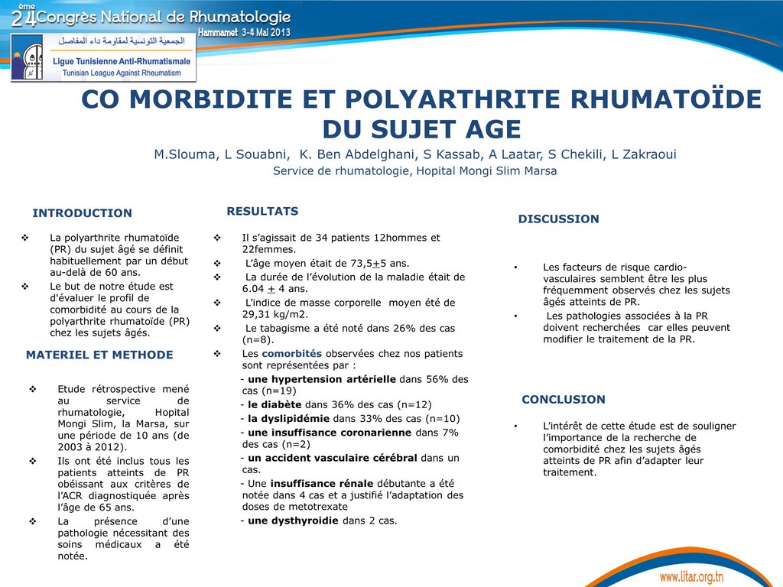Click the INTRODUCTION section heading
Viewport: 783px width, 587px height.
pyautogui.click(x=82, y=213)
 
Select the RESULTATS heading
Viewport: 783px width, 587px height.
pyautogui.click(x=262, y=211)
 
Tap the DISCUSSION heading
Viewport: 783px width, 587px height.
pyautogui.click(x=558, y=219)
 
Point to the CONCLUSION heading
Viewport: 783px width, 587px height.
pyautogui.click(x=563, y=400)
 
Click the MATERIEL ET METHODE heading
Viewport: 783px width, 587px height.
pyautogui.click(x=99, y=355)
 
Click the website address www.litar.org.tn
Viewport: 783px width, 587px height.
pyautogui.click(x=691, y=576)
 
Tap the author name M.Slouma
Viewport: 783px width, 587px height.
pyautogui.click(x=186, y=154)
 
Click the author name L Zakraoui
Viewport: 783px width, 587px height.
pyautogui.click(x=644, y=154)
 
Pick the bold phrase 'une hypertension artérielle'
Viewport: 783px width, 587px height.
pyautogui.click(x=322, y=379)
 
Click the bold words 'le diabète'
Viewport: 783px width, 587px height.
pyautogui.click(x=275, y=404)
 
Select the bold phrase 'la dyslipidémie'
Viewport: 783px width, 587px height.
pyautogui.click(x=288, y=419)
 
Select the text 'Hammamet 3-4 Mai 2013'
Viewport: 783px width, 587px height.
pyautogui.click(x=245, y=34)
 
